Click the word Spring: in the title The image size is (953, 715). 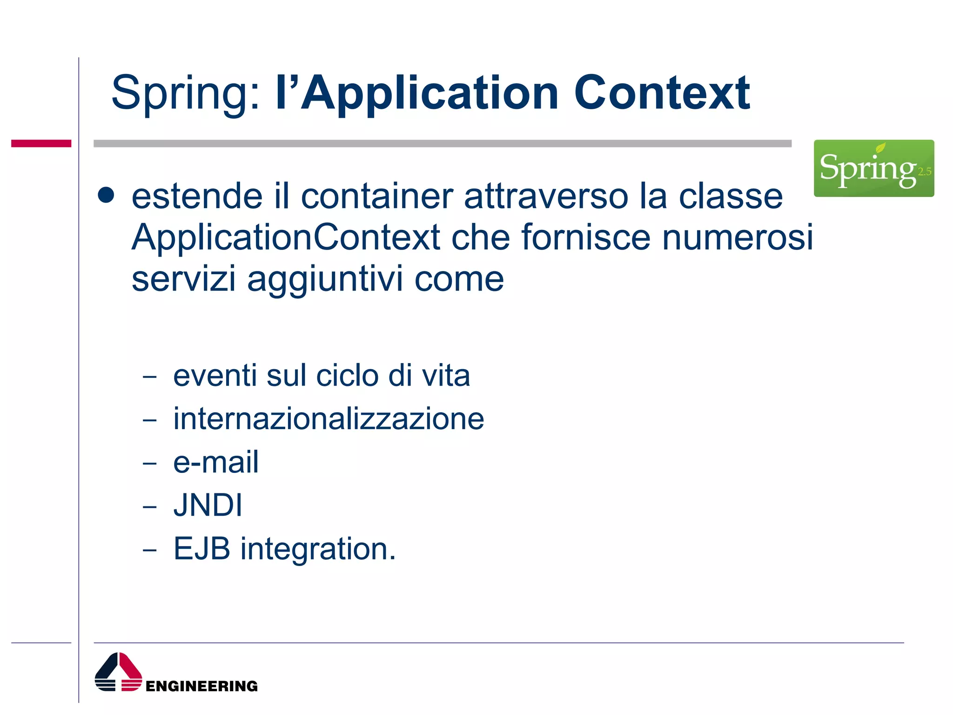point(185,93)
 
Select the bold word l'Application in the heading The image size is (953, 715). point(416,93)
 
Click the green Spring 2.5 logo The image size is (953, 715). point(873,168)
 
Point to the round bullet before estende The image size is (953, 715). point(106,196)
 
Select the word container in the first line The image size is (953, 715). point(377,196)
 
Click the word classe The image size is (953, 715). point(731,196)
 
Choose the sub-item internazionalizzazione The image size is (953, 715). point(329,418)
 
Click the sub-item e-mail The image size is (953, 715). point(215,462)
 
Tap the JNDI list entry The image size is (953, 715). point(208,505)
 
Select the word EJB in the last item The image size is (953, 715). point(201,548)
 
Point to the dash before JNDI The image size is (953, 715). point(150,506)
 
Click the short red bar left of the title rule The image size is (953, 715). point(41,143)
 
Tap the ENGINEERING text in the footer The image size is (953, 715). point(201,686)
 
